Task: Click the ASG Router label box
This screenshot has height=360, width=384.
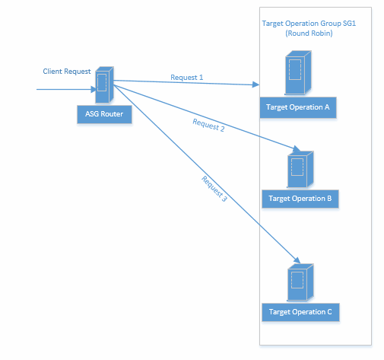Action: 104,114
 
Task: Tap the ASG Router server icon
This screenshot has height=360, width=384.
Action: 104,84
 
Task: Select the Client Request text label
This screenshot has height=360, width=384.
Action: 67,72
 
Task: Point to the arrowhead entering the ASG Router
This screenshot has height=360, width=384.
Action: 94,89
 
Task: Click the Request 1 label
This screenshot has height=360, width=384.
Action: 187,77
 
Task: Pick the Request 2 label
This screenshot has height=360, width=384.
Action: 208,125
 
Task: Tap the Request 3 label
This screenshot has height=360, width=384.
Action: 214,189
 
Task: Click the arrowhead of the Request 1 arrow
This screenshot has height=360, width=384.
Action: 255,84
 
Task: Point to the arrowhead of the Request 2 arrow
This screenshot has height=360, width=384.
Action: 297,148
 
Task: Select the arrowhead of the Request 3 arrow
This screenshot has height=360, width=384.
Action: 297,260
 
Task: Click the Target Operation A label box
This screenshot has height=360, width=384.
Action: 298,107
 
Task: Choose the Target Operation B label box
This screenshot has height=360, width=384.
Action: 300,199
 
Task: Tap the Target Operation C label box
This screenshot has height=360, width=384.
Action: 300,312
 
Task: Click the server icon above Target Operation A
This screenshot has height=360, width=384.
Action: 298,73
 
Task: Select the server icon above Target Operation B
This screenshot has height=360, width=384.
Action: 300,170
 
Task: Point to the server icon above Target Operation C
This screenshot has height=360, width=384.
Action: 300,282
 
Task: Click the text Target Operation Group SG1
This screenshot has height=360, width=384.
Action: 309,24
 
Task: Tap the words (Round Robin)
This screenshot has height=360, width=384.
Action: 309,33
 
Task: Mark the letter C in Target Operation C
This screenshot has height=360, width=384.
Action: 329,311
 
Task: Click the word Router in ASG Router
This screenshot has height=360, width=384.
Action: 112,114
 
